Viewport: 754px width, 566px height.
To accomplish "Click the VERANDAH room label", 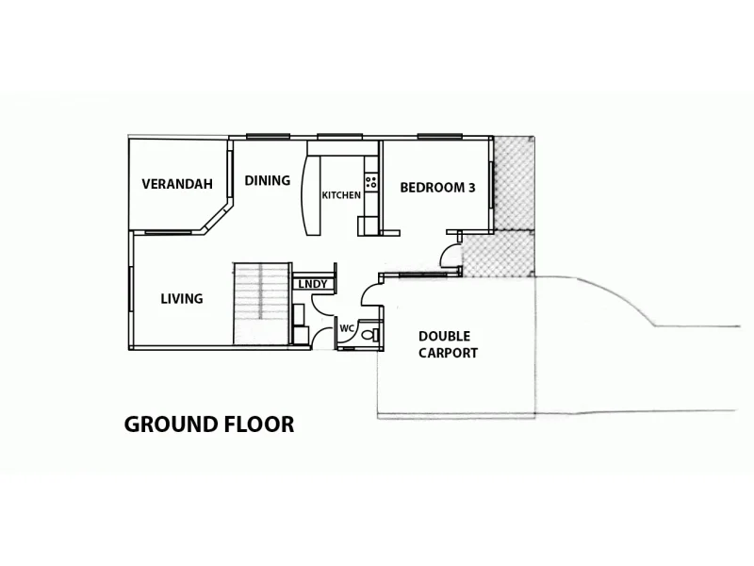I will (x=176, y=184).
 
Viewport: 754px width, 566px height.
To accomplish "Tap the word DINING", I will (x=268, y=180).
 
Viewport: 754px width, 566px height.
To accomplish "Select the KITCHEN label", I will (x=340, y=195).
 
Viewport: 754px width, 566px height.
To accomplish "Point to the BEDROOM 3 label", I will (x=437, y=187).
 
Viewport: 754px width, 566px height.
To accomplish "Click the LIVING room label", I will (x=182, y=299).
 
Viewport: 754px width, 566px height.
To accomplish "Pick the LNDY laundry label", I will (x=311, y=284).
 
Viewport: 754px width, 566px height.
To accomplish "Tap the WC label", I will (x=346, y=328).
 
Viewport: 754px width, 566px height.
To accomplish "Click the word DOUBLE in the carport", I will (x=444, y=336).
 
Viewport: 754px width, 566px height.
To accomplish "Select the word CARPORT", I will (x=449, y=353).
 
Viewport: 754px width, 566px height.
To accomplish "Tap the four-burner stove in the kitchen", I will (x=371, y=182).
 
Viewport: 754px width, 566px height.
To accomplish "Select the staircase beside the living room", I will (x=261, y=303).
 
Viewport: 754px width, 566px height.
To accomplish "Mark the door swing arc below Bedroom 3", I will (x=449, y=254).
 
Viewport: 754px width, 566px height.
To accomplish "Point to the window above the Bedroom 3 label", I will (x=437, y=137).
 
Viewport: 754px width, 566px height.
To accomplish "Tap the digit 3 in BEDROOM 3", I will (x=470, y=187).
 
